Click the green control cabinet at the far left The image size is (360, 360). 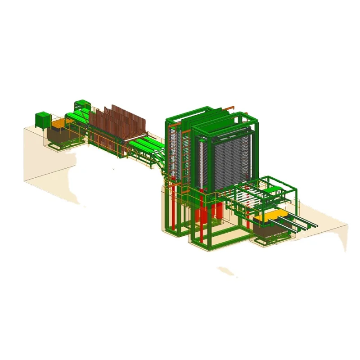point(43,120)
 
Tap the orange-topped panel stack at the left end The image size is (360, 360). point(58,123)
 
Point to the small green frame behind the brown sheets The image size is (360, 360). point(82,104)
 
